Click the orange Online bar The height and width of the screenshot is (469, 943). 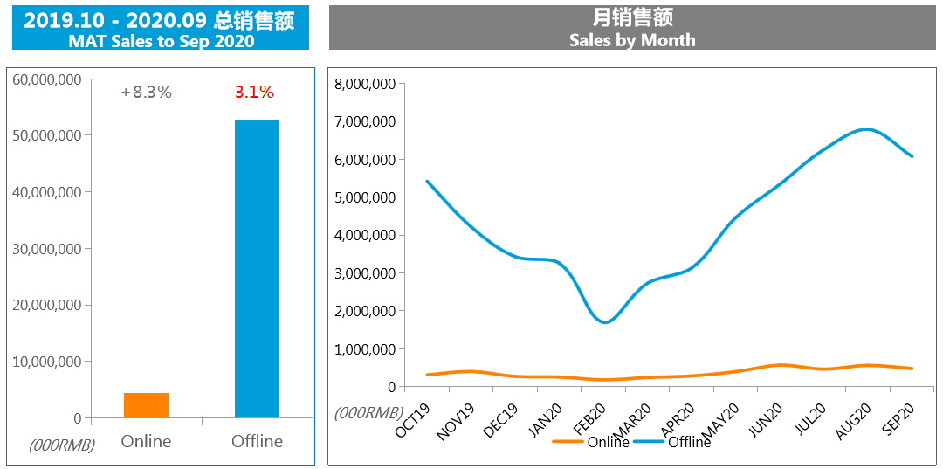[146, 405]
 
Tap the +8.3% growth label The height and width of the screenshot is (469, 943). [147, 92]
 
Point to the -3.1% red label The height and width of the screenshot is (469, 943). [251, 92]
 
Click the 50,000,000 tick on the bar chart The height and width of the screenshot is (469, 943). [48, 135]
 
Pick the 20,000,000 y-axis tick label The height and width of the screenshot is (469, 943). [48, 305]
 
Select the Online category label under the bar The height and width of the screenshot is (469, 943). [146, 441]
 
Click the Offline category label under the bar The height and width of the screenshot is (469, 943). [257, 441]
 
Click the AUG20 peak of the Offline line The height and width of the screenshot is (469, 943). [865, 129]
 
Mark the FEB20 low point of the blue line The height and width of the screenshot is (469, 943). [605, 322]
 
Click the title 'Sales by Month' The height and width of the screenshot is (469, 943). [632, 40]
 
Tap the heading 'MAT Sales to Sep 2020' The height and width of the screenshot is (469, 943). [162, 41]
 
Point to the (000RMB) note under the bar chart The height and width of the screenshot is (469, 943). [61, 445]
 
